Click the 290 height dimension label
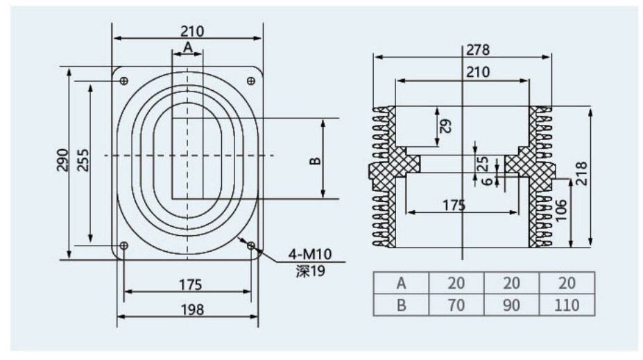pyautogui.click(x=62, y=160)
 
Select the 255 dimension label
pyautogui.click(x=83, y=160)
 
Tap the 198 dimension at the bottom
pyautogui.click(x=192, y=309)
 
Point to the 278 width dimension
pyautogui.click(x=478, y=50)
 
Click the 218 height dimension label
pyautogui.click(x=582, y=173)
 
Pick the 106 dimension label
pyautogui.click(x=560, y=210)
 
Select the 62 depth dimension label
pyautogui.click(x=446, y=126)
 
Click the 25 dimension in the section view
pyautogui.click(x=484, y=163)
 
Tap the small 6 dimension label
pyautogui.click(x=487, y=181)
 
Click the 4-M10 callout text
pyautogui.click(x=309, y=254)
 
